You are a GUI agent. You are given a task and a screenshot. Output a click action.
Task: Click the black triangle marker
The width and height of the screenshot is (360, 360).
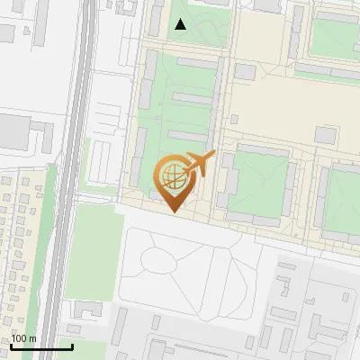click(x=181, y=25)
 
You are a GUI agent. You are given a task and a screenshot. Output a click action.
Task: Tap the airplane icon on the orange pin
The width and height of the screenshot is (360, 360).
click(x=198, y=164)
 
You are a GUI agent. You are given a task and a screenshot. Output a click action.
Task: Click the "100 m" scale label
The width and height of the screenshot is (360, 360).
click(x=23, y=338)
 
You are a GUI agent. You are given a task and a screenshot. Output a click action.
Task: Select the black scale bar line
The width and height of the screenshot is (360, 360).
click(x=41, y=347)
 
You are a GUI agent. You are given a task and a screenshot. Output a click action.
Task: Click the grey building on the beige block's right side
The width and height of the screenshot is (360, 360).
click(x=325, y=135)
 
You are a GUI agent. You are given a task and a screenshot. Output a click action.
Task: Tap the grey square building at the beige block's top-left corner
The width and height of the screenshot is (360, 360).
click(x=245, y=71)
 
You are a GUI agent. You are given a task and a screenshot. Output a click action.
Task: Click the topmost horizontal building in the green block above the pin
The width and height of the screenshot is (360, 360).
click(x=196, y=62)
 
